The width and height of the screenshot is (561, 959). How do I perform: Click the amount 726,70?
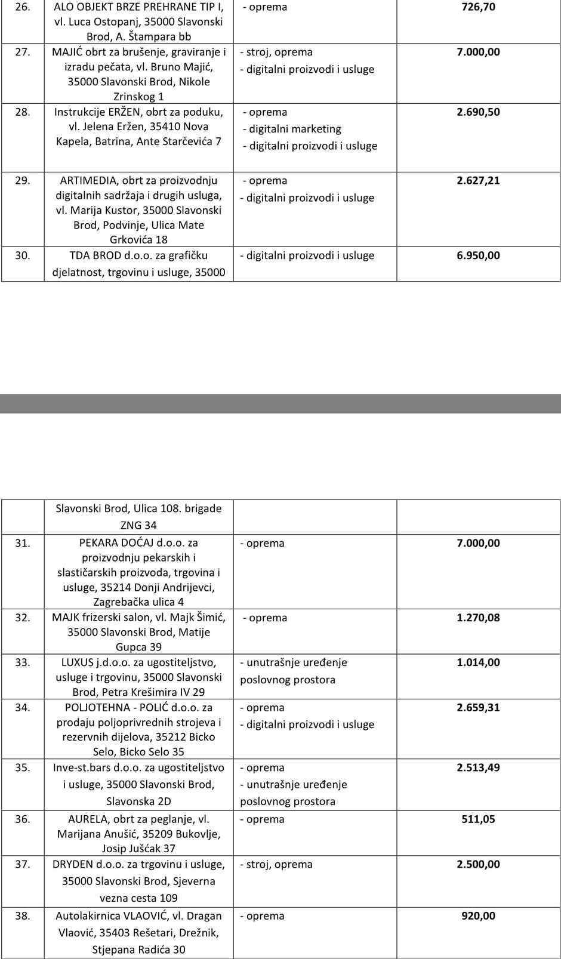pos(478,7)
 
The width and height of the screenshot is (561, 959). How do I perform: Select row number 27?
pos(23,52)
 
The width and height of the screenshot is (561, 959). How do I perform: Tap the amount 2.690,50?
pos(478,112)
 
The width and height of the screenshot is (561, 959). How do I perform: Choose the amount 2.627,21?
pos(478,181)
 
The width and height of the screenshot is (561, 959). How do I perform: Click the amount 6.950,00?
pos(478,255)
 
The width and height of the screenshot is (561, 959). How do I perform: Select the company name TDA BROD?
pos(96,255)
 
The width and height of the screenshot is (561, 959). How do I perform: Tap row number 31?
pos(23,543)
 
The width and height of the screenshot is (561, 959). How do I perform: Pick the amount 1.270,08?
pos(478,618)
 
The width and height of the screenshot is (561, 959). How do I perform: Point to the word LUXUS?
pos(78,662)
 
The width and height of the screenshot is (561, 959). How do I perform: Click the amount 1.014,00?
pos(478,662)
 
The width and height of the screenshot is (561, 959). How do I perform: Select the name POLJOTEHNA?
pos(97,708)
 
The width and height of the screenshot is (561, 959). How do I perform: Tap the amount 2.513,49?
pos(478,768)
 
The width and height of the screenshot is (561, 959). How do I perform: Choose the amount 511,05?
pos(478,819)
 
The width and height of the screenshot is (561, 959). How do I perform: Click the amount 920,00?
pos(478,916)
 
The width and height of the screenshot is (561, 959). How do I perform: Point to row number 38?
pos(23,916)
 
